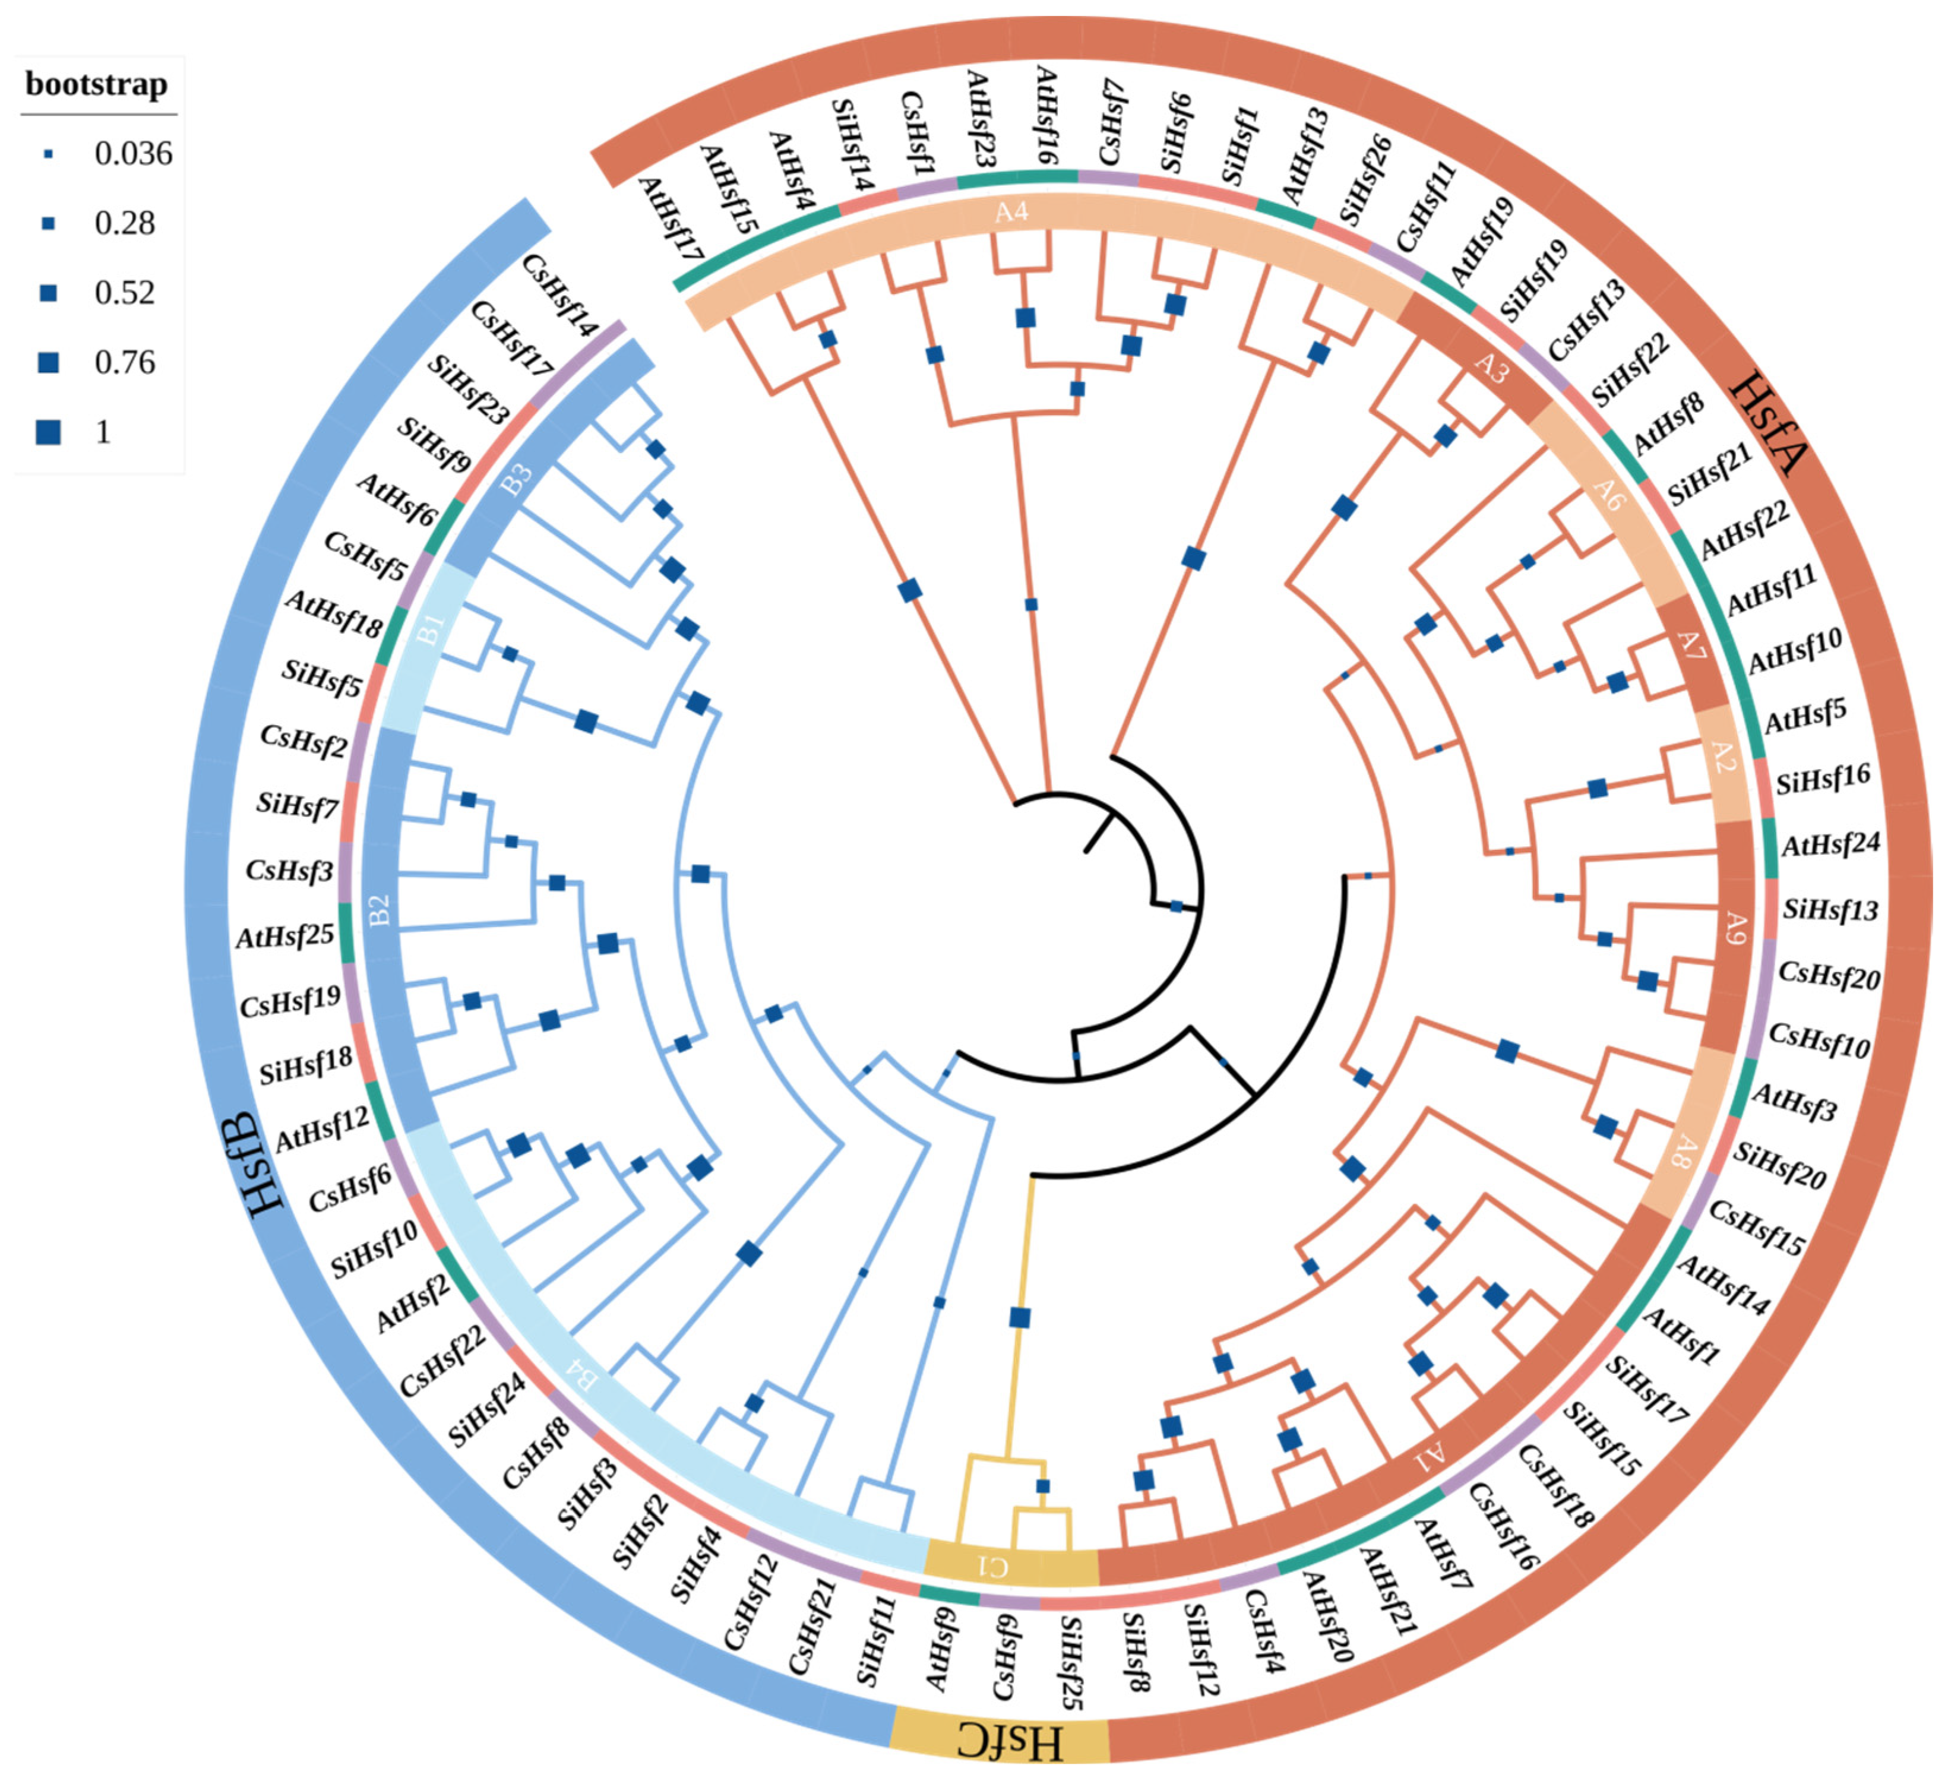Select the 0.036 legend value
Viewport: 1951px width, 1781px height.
[132, 153]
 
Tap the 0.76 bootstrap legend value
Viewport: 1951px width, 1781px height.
[125, 362]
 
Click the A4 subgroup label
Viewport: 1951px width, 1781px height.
[1011, 210]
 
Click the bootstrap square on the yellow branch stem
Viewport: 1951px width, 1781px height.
[1020, 1317]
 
